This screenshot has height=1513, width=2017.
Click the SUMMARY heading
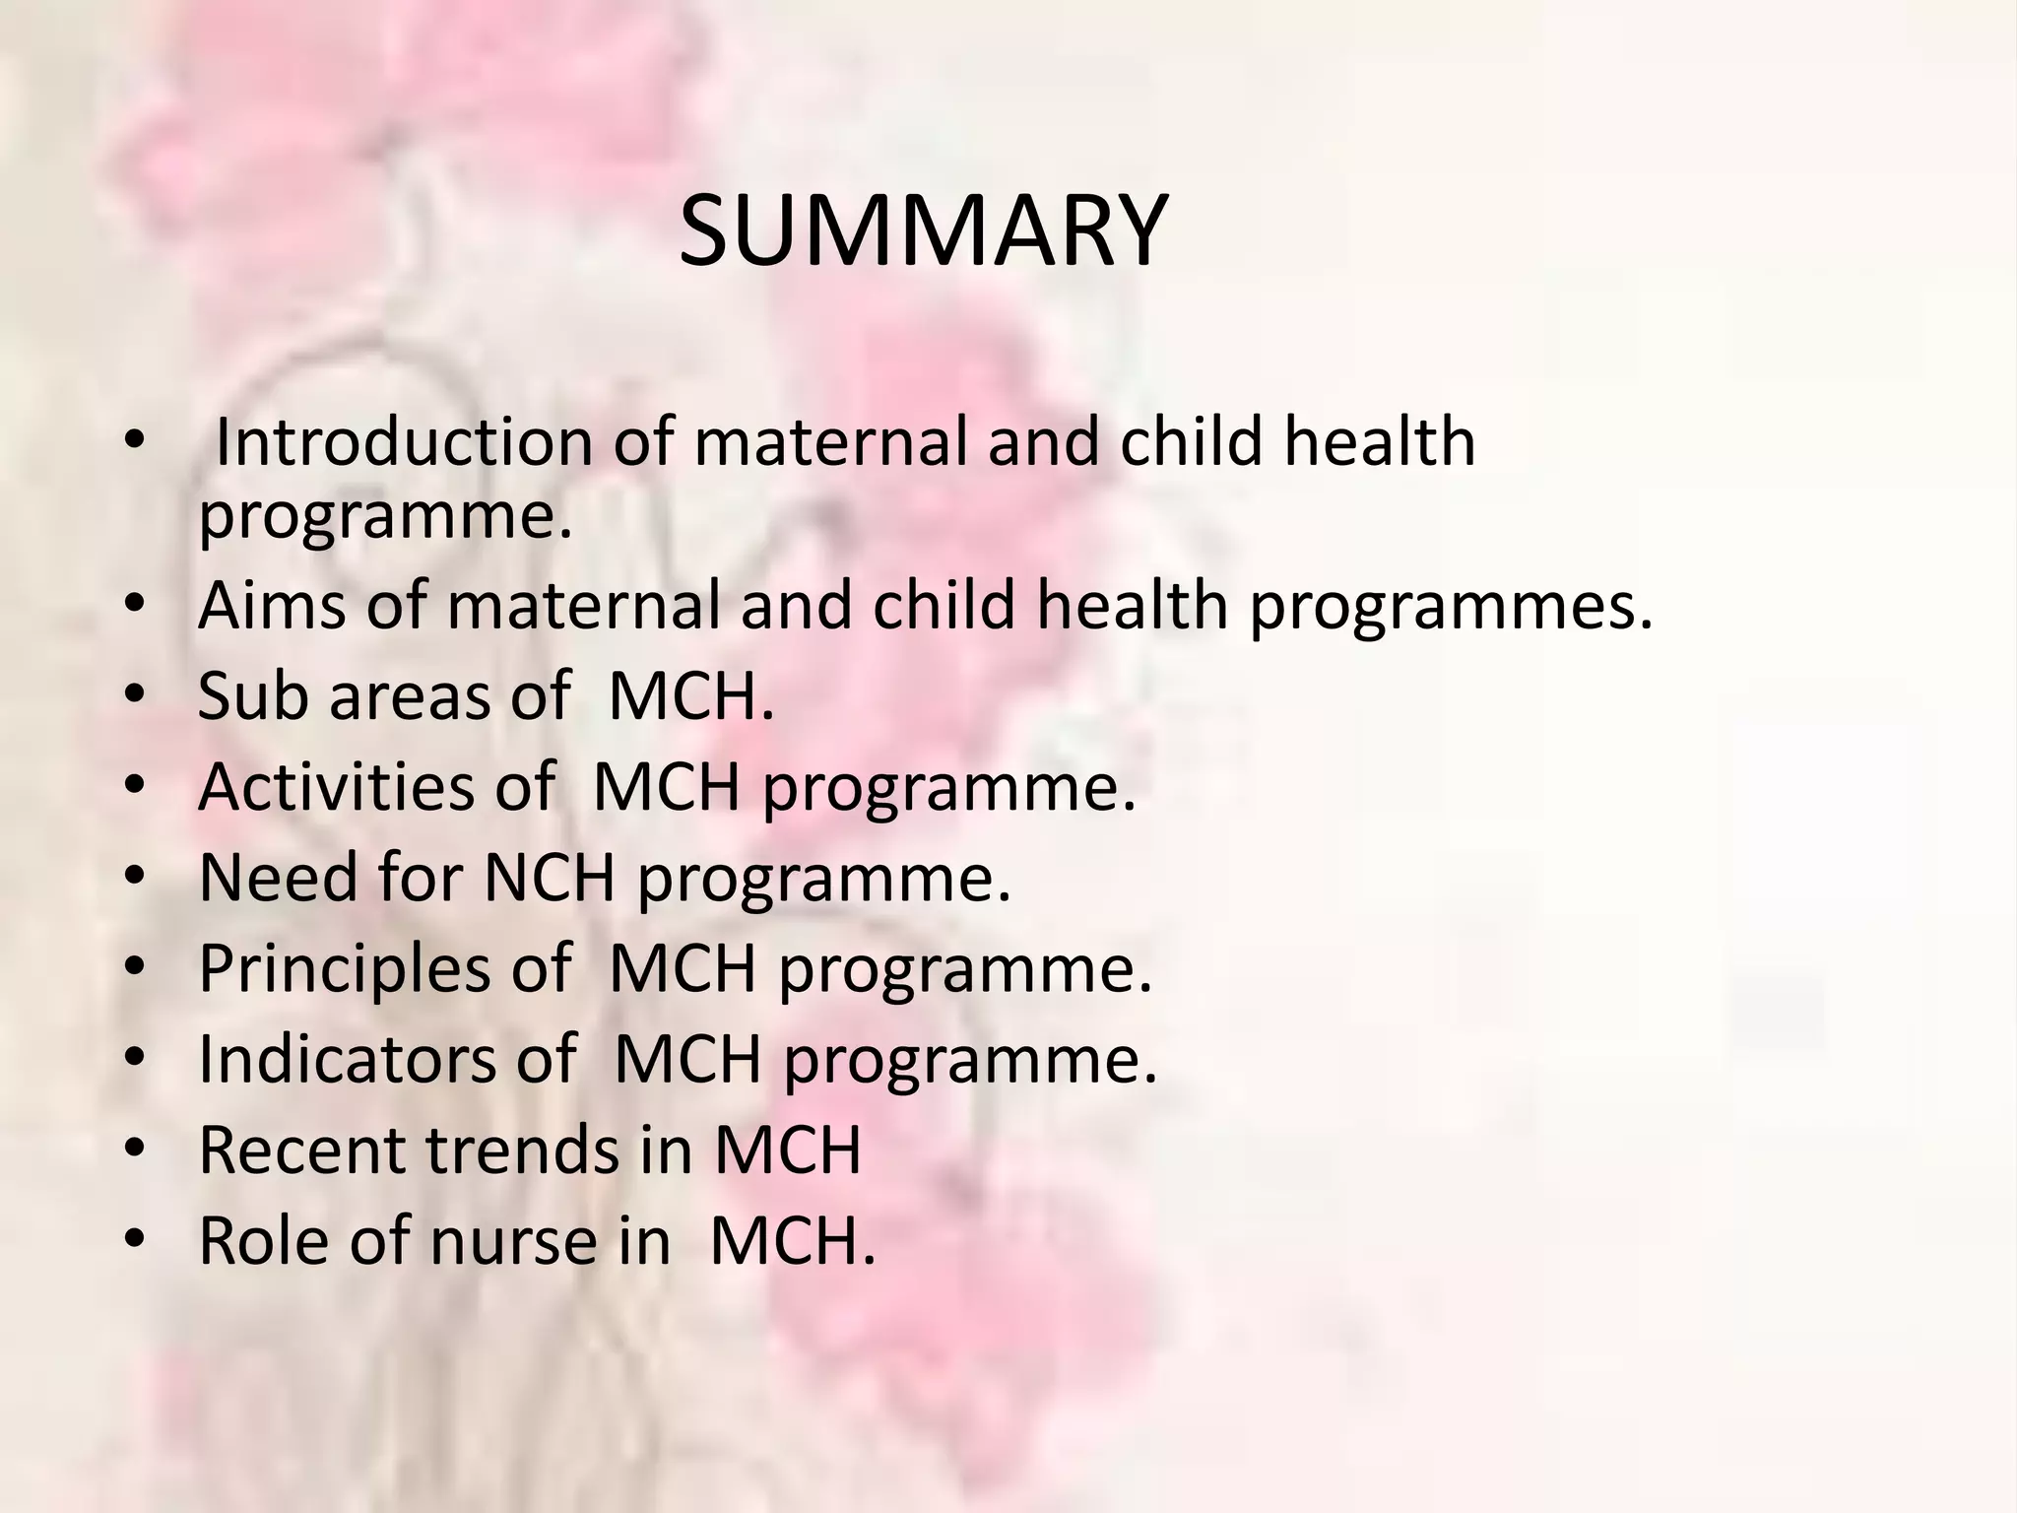pos(923,233)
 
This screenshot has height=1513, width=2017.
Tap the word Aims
pos(272,605)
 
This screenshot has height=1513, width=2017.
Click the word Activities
pos(337,786)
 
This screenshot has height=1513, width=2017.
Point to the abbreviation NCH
pos(549,877)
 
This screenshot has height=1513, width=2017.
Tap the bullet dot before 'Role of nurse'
pos(135,1237)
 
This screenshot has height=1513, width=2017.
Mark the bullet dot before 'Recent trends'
pos(135,1147)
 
